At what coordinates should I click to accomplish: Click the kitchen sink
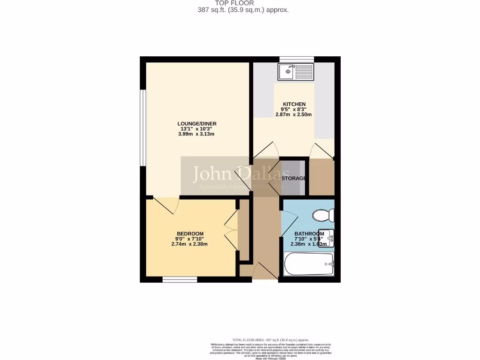296,72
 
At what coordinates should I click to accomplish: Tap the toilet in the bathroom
323,215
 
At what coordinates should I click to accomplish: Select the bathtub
308,265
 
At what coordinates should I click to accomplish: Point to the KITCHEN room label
294,104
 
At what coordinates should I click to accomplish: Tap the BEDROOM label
190,234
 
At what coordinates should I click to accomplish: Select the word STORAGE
294,179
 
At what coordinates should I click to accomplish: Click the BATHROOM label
309,234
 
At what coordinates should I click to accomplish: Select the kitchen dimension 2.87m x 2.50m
294,114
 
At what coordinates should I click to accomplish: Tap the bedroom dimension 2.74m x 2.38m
190,244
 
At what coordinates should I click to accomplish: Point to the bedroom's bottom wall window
180,280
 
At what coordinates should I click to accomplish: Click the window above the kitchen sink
296,59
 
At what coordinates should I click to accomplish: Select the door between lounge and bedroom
165,204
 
